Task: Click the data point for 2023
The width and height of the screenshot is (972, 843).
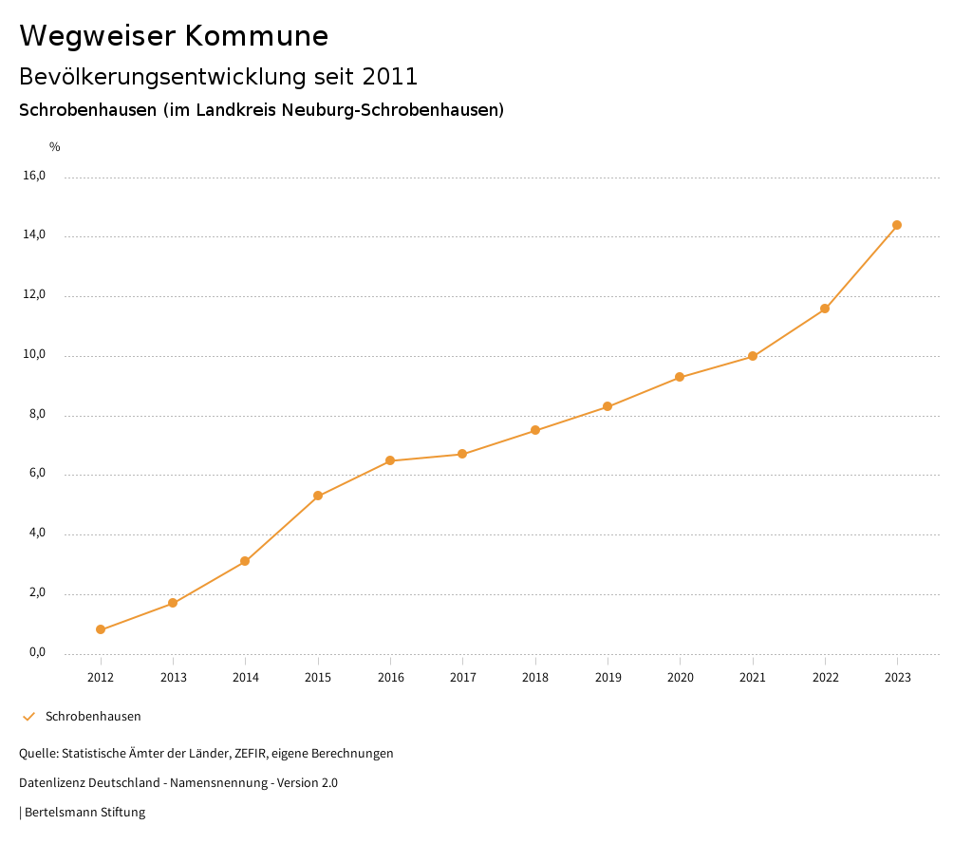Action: (897, 225)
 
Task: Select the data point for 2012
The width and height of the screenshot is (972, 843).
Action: (101, 629)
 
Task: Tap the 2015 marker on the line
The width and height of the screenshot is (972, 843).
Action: (318, 496)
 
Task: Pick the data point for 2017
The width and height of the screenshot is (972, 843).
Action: (462, 454)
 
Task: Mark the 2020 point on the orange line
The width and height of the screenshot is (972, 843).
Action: (680, 377)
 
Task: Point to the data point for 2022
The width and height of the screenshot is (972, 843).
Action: (825, 309)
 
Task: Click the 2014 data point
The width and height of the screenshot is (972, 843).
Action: (245, 561)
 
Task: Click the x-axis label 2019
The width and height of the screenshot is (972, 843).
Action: (607, 678)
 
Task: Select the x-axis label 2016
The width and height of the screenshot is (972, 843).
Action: (390, 678)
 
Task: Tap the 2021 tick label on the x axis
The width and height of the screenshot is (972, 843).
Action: (753, 678)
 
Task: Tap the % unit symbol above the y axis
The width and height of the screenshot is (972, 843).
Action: (55, 147)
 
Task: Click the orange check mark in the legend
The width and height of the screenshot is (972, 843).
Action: (28, 717)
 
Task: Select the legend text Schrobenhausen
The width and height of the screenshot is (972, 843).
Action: (93, 717)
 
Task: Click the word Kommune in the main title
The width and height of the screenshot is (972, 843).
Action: (256, 36)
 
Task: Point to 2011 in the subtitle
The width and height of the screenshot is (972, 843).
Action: (388, 76)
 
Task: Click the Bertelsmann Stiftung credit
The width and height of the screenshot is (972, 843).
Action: (84, 813)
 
